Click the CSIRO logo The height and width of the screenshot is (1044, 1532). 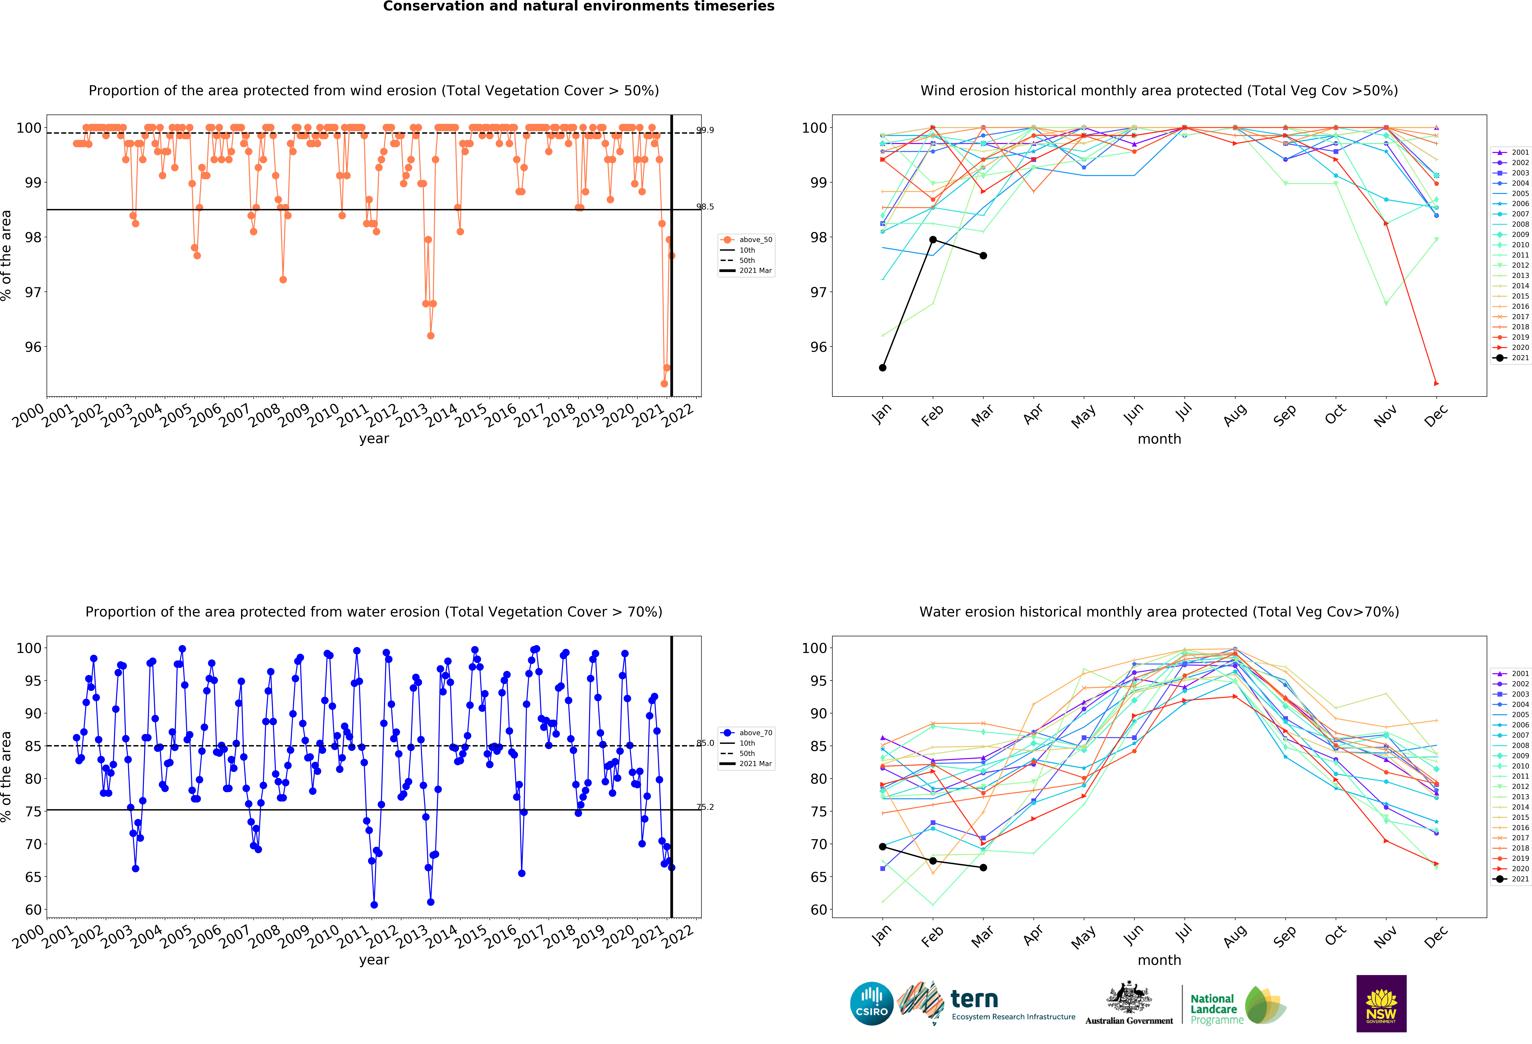[x=872, y=1004]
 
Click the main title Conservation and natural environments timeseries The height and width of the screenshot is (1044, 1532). [x=579, y=7]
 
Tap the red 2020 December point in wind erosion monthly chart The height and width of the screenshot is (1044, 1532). [x=1436, y=384]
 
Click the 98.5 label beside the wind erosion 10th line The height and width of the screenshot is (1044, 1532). [x=705, y=207]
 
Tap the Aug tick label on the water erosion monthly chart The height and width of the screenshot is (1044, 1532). [x=1234, y=936]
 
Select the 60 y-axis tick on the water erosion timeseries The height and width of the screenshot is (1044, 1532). [x=33, y=910]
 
